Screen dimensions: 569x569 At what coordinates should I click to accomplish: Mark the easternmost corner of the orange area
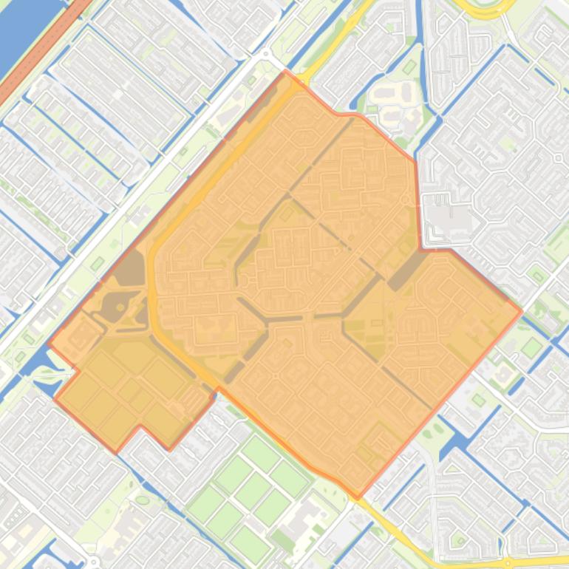(x=522, y=311)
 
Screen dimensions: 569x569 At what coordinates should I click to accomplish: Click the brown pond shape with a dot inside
(x=118, y=307)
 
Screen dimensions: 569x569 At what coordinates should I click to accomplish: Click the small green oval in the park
(x=142, y=500)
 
